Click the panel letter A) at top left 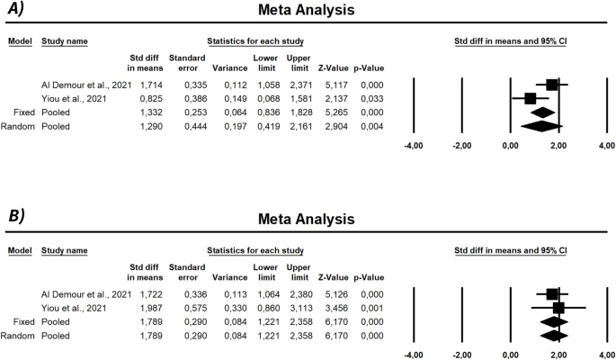pos(15,11)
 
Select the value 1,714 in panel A pos(143,84)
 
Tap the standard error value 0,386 pos(183,97)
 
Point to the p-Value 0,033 pos(368,97)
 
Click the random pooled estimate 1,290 pos(143,125)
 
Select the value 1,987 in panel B pos(143,307)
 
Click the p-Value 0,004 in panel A pos(368,125)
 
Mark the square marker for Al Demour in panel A pos(551,85)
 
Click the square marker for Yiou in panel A pos(530,98)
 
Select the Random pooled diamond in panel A pos(540,126)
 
